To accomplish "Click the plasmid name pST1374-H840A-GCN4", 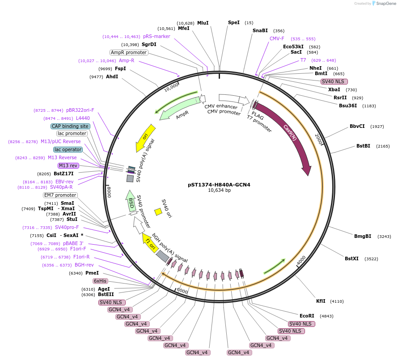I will coord(219,184).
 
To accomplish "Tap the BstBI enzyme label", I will coord(363,146).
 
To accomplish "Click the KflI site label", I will coord(321,301).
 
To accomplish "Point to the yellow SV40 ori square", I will coord(158,212).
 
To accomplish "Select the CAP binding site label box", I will coord(71,126).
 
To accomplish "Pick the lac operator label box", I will coord(68,149).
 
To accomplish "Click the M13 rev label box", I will coord(68,165).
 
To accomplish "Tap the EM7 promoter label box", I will coord(60,195).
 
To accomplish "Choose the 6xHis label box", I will coord(100,281).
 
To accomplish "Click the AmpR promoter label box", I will coord(129,52).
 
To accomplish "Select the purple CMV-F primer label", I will coord(277,38).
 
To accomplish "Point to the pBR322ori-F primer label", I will coord(80,110).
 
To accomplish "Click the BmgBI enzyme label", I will coord(363,236).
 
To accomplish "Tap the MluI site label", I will coord(203,23).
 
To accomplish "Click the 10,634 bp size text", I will coord(219,191).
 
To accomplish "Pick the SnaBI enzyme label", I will coord(260,30).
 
